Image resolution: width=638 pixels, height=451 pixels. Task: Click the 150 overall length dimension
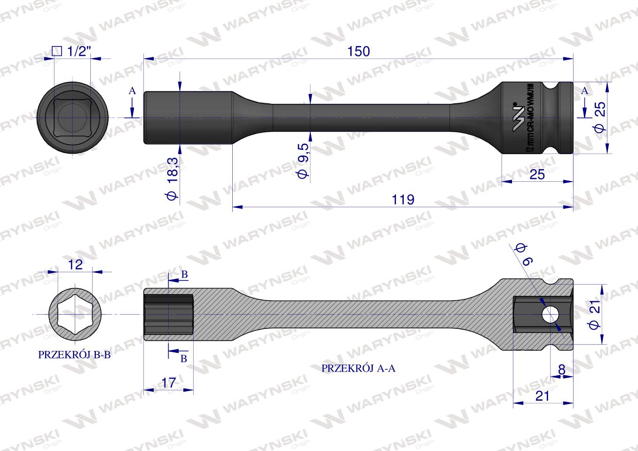pyautogui.click(x=359, y=51)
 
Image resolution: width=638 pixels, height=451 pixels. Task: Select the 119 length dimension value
pyautogui.click(x=403, y=199)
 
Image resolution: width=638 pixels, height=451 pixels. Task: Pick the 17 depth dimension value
pyautogui.click(x=168, y=383)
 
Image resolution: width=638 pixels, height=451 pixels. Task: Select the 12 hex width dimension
pyautogui.click(x=75, y=264)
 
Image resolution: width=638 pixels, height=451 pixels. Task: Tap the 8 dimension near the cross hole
pyautogui.click(x=561, y=370)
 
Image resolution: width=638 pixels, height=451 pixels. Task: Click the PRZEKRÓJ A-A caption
pyautogui.click(x=358, y=369)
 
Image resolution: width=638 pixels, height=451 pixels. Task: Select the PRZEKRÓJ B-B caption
pyautogui.click(x=74, y=355)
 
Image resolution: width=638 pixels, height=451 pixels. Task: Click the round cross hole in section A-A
pyautogui.click(x=548, y=314)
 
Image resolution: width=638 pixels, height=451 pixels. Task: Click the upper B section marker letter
pyautogui.click(x=184, y=274)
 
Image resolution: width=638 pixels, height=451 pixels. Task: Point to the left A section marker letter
pyautogui.click(x=132, y=91)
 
